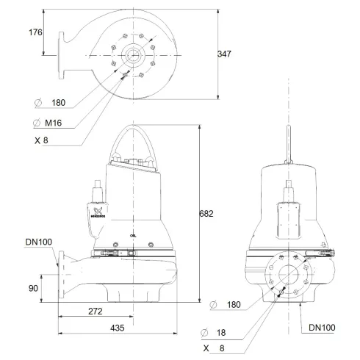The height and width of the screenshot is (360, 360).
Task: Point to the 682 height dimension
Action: point(208,214)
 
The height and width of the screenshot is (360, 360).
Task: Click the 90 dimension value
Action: point(33,289)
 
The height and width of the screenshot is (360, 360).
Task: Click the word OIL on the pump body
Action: point(133,236)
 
